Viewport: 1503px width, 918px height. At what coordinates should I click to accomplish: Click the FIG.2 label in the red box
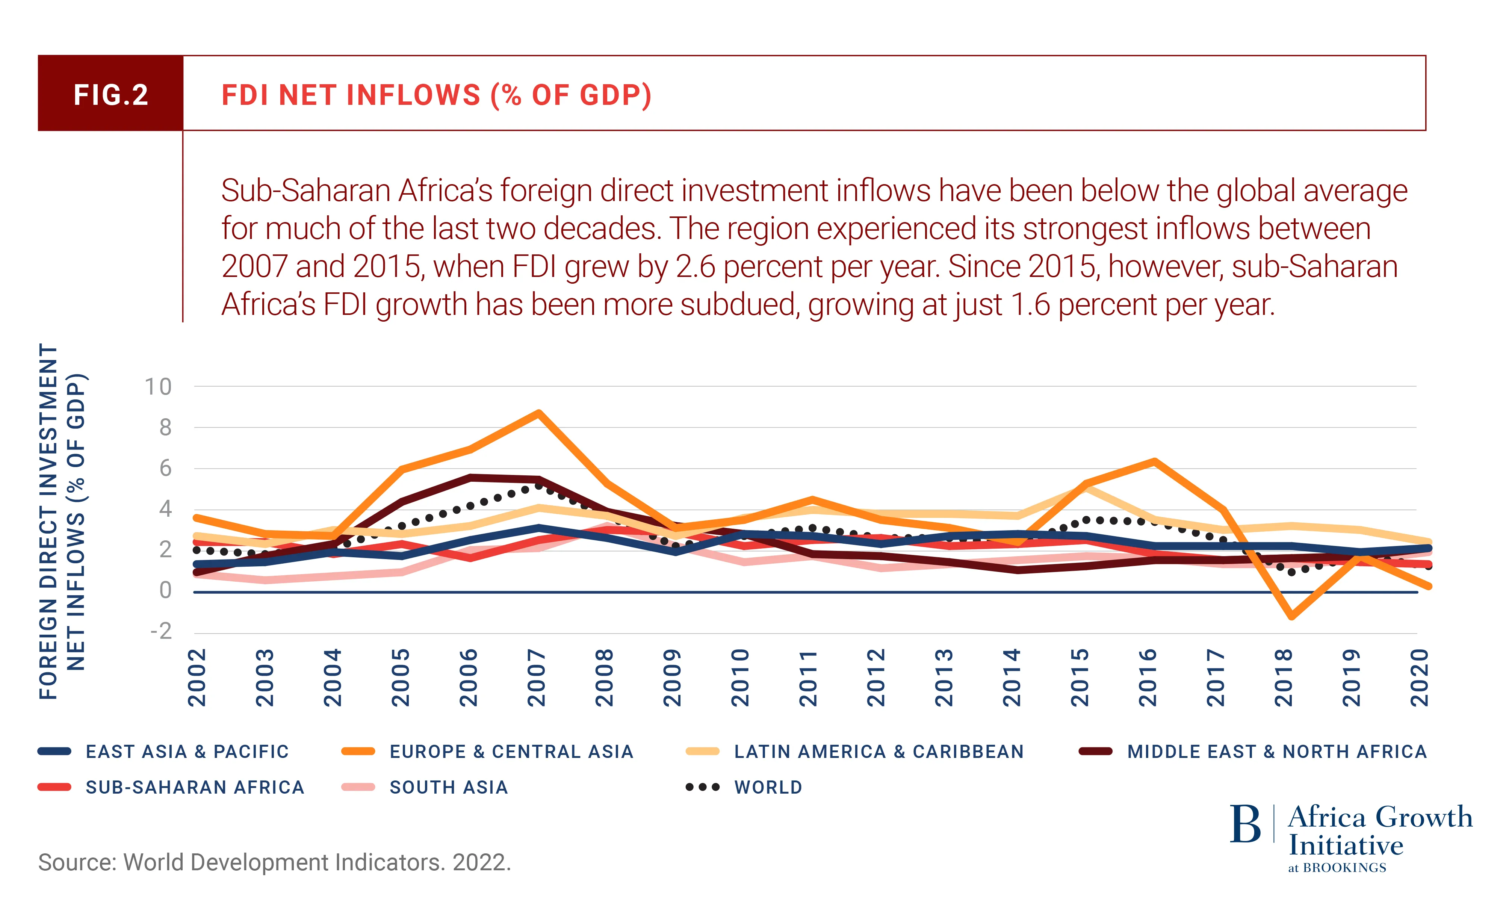click(x=111, y=95)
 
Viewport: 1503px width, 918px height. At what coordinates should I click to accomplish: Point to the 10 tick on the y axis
click(x=158, y=387)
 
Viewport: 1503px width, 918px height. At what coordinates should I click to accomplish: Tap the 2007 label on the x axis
click(x=537, y=678)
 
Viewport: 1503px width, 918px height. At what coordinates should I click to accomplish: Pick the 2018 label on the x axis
click(x=1284, y=678)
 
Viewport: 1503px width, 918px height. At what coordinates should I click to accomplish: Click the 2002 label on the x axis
click(x=197, y=678)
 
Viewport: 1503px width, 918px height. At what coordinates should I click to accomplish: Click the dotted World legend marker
click(x=703, y=788)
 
